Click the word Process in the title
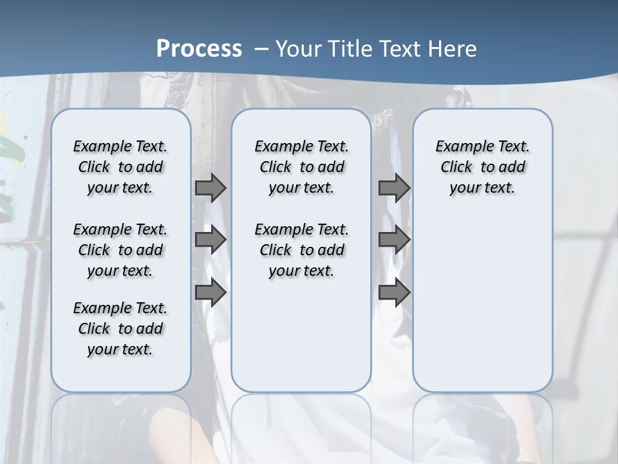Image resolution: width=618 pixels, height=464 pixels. pyautogui.click(x=199, y=48)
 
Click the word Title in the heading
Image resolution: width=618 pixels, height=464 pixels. pyautogui.click(x=351, y=48)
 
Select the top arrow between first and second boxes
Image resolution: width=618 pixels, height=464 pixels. pyautogui.click(x=211, y=188)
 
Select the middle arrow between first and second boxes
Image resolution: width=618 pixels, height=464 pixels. pyautogui.click(x=211, y=240)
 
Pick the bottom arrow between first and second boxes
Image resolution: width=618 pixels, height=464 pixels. pyautogui.click(x=211, y=293)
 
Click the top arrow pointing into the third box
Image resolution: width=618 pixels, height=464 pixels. pyautogui.click(x=394, y=188)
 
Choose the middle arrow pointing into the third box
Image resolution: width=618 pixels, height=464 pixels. pyautogui.click(x=394, y=240)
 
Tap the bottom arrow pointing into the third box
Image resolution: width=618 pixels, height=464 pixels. pyautogui.click(x=394, y=293)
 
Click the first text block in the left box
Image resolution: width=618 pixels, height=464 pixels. pyautogui.click(x=120, y=167)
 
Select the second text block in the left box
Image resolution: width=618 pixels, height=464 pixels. pyautogui.click(x=120, y=250)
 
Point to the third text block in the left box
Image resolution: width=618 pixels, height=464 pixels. pyautogui.click(x=120, y=329)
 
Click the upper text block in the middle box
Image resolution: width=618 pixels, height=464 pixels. pyautogui.click(x=301, y=167)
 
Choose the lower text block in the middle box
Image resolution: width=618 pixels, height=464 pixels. pyautogui.click(x=301, y=250)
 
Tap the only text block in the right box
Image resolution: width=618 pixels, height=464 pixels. pyautogui.click(x=483, y=167)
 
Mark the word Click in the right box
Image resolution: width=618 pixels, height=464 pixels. pyautogui.click(x=456, y=167)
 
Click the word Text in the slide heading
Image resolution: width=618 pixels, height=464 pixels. pyautogui.click(x=400, y=48)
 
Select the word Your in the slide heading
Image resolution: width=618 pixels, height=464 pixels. pyautogui.click(x=298, y=48)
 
